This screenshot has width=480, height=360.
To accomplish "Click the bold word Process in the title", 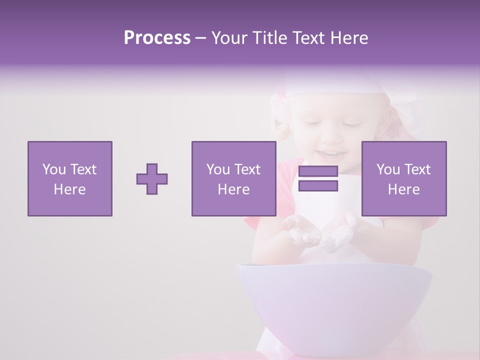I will click(x=157, y=38).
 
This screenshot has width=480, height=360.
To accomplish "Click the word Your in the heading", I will click(x=229, y=38).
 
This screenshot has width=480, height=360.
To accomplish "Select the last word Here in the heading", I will click(x=348, y=38).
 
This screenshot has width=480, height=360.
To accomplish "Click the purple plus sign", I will click(x=152, y=179).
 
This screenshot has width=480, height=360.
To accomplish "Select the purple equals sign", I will click(x=318, y=179).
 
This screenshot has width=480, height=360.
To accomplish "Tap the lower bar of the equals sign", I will click(x=318, y=186).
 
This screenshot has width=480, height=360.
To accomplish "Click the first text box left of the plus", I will click(x=69, y=179).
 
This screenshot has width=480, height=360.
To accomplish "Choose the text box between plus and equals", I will click(x=233, y=179).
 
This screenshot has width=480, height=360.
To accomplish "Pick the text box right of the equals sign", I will click(x=403, y=179).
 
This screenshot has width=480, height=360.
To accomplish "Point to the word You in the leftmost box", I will click(x=54, y=169).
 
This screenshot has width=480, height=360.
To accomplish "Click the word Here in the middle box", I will click(x=233, y=189).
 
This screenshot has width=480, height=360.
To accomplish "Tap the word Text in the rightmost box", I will click(x=416, y=169).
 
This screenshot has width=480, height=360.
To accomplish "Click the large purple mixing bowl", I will click(x=333, y=300).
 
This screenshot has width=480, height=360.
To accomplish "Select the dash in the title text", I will click(x=201, y=38).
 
